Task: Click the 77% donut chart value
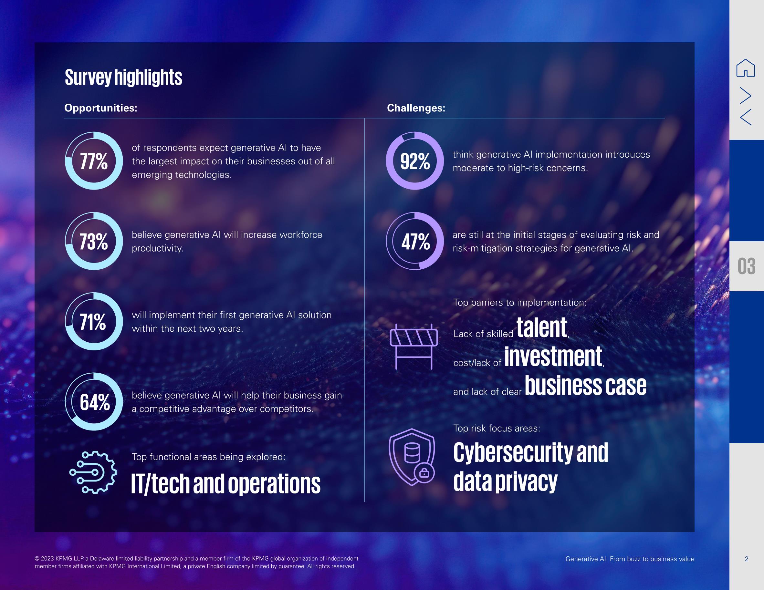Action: (x=94, y=161)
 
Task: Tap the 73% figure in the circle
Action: (x=94, y=242)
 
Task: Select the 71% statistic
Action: (x=93, y=322)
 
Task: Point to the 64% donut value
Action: (x=95, y=402)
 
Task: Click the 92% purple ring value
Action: (x=415, y=161)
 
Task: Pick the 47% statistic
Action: (x=415, y=242)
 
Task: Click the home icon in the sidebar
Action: (x=746, y=68)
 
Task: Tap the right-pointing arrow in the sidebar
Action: (x=746, y=96)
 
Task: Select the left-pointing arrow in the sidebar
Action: (x=746, y=117)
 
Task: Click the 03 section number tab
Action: (x=747, y=266)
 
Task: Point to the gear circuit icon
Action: (x=93, y=472)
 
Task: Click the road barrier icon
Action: (x=414, y=346)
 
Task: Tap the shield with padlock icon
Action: (x=412, y=457)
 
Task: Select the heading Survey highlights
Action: (x=123, y=78)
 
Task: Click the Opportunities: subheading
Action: (x=101, y=108)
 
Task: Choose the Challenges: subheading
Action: (x=416, y=108)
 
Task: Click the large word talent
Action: (x=541, y=328)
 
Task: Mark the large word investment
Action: (x=553, y=357)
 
